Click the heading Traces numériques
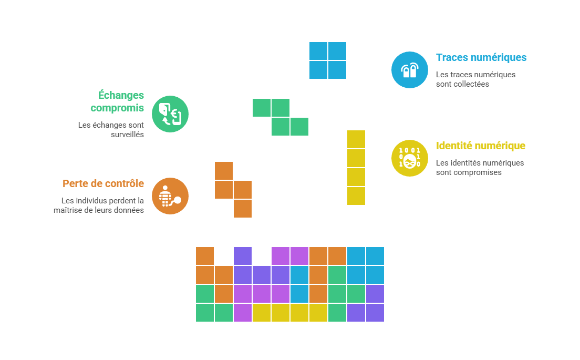[x=481, y=58]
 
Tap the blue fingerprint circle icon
[x=410, y=70]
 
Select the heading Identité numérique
[x=481, y=146]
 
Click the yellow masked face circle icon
[x=410, y=158]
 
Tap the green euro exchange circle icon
[x=170, y=114]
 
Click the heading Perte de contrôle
[x=103, y=183]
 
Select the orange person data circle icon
[x=170, y=196]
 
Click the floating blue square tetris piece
[x=328, y=60]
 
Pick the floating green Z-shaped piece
[x=281, y=117]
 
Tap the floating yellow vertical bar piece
[x=356, y=168]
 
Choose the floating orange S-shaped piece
[x=233, y=190]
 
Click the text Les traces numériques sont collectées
[x=475, y=79]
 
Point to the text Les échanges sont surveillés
[x=111, y=130]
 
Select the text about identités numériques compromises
[x=480, y=168]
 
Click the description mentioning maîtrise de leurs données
[x=99, y=205]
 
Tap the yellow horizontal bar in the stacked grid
[x=290, y=313]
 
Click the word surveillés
[x=128, y=135]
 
